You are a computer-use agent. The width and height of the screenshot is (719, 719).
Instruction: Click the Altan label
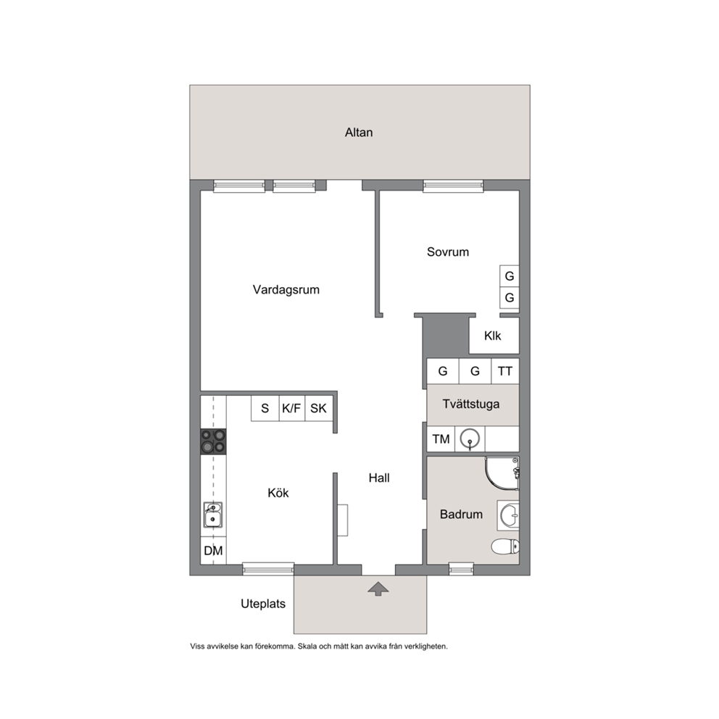click(359, 133)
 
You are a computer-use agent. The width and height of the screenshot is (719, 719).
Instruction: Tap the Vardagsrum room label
click(286, 290)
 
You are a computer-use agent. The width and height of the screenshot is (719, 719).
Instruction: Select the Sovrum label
click(447, 252)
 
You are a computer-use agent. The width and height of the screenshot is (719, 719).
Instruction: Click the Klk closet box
click(494, 336)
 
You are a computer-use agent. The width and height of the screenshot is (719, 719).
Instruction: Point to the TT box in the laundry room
click(505, 371)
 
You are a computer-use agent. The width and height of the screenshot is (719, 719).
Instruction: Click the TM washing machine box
click(441, 439)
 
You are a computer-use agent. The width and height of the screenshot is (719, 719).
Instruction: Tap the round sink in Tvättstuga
click(470, 439)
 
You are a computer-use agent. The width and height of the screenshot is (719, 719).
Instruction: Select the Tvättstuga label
click(471, 404)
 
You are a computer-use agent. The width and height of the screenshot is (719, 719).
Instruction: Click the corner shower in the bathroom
click(502, 473)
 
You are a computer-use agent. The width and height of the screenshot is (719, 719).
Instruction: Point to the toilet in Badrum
click(505, 546)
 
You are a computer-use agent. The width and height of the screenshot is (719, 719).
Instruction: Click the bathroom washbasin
click(509, 515)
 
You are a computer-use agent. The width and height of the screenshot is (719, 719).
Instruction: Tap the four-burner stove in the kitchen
click(213, 441)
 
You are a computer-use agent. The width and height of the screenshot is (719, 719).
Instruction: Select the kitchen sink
click(213, 515)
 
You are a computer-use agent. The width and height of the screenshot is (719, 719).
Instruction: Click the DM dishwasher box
click(213, 550)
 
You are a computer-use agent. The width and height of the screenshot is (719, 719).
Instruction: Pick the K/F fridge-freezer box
click(291, 408)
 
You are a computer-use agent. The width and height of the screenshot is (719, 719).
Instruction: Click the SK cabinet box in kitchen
click(319, 408)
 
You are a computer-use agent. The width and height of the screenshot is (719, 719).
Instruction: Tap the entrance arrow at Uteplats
click(378, 589)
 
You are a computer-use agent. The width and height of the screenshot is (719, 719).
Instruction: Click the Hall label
click(379, 478)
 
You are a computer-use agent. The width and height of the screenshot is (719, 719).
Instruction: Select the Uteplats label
click(263, 604)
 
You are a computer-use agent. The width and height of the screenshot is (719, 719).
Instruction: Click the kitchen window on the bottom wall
click(268, 568)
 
